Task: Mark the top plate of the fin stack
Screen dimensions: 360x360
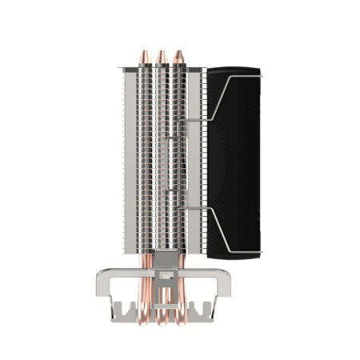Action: pyautogui.click(x=160, y=70)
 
